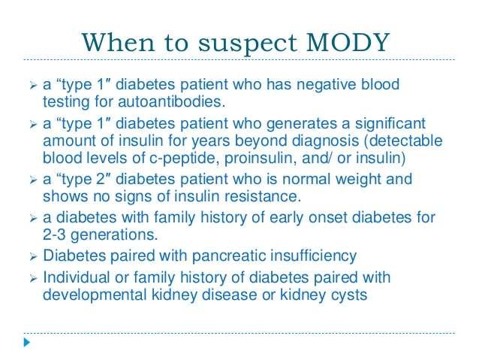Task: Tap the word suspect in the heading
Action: click(x=248, y=44)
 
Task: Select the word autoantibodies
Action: click(x=171, y=101)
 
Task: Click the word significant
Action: click(x=390, y=124)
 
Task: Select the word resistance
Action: click(x=263, y=197)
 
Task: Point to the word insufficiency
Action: click(x=314, y=256)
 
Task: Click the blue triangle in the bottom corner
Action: click(x=27, y=342)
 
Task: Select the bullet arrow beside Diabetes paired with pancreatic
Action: click(x=33, y=257)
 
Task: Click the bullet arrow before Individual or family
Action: click(x=33, y=279)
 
